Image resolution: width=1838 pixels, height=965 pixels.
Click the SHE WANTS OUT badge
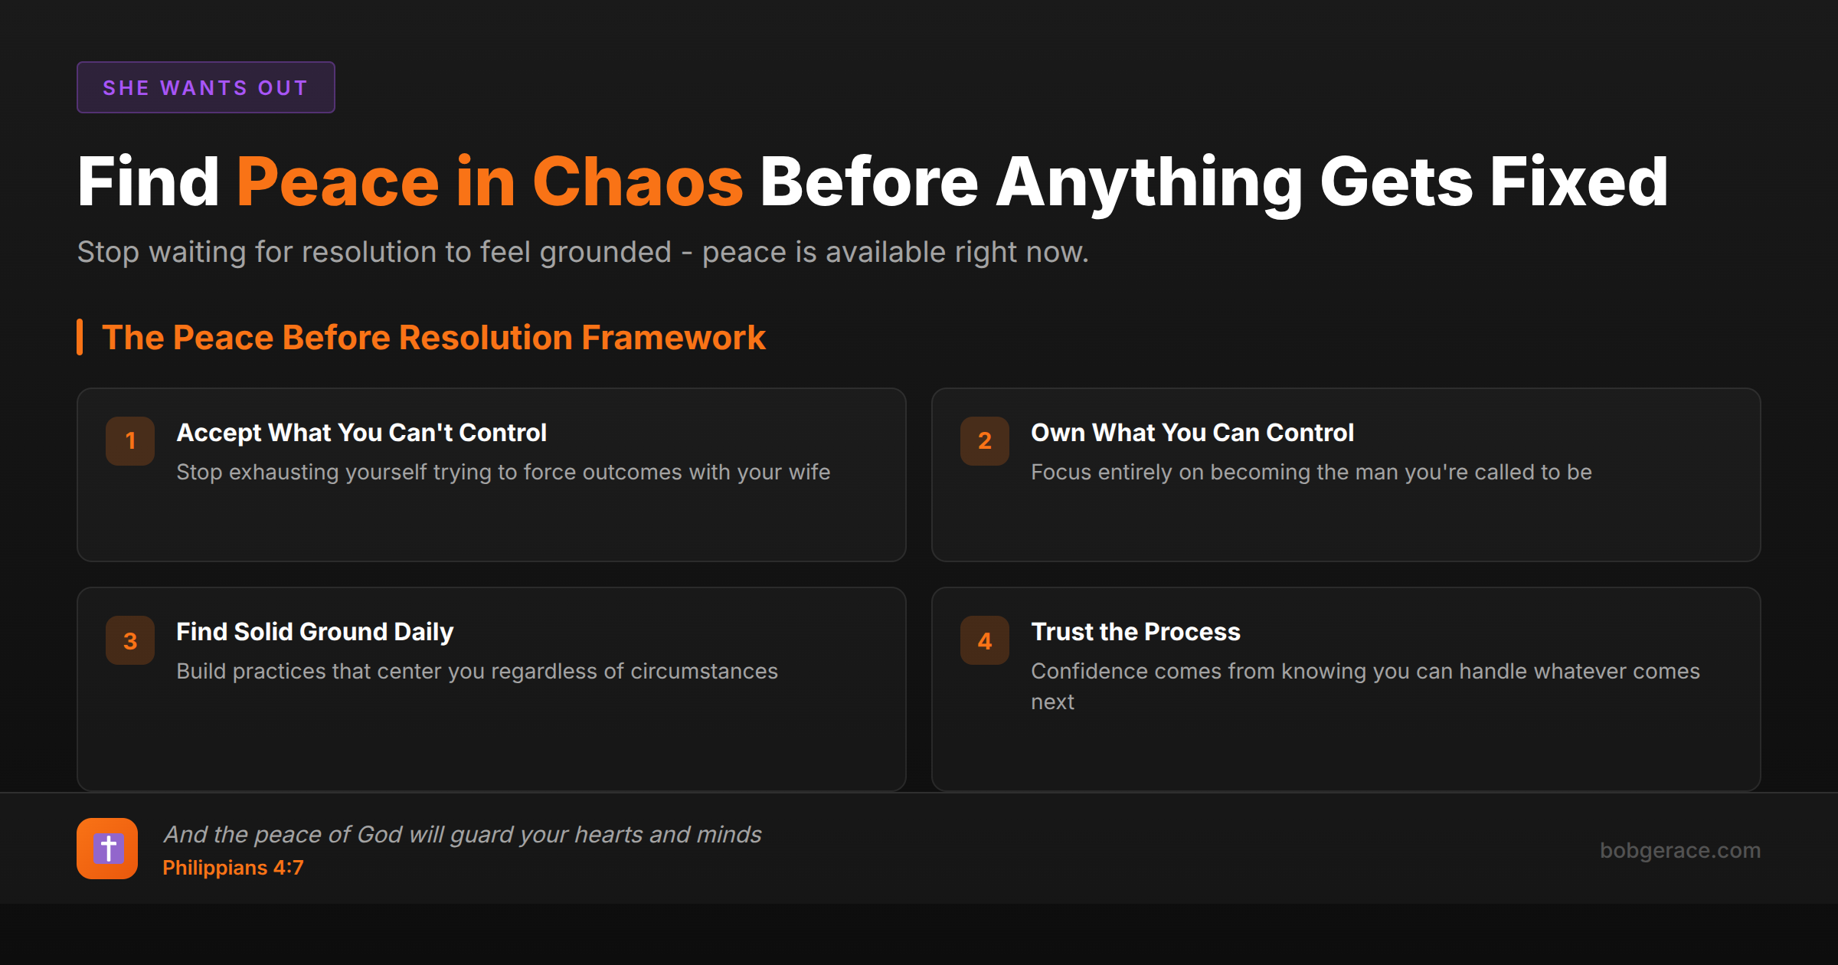(205, 87)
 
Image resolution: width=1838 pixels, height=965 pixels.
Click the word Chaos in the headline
(638, 182)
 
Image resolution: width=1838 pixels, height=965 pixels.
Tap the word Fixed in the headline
(1578, 182)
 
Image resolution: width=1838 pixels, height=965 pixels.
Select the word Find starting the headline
(149, 182)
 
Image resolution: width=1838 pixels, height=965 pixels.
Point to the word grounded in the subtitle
(605, 253)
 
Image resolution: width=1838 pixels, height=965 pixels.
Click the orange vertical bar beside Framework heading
(80, 337)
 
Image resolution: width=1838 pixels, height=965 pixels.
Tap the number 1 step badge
(130, 441)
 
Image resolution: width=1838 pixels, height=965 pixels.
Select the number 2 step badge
(985, 441)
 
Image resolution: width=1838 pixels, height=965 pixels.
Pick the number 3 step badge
(130, 640)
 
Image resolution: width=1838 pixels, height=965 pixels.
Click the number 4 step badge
(985, 640)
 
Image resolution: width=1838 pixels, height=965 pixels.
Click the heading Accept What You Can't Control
(361, 433)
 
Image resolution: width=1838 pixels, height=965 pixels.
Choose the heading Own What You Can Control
(1192, 433)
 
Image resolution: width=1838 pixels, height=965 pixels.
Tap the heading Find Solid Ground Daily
(315, 632)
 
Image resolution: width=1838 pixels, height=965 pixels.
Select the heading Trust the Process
(1136, 632)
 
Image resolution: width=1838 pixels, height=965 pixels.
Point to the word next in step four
(1052, 702)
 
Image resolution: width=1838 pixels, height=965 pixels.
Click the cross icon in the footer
(107, 849)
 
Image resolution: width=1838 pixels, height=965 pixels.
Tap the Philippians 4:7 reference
(233, 868)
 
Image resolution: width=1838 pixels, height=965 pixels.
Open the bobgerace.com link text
(1680, 850)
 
